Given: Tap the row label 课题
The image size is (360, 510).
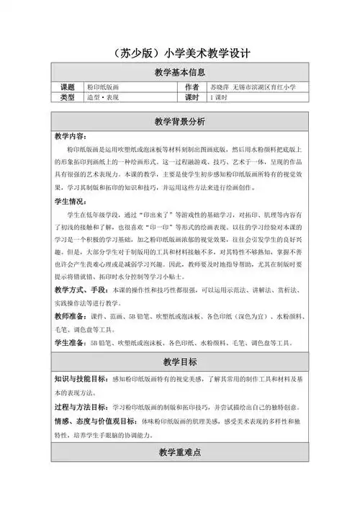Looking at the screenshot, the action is point(67,86).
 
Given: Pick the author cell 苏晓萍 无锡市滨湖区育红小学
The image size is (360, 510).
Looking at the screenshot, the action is point(256,86).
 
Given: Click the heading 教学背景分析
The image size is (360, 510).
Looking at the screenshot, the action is point(180,120).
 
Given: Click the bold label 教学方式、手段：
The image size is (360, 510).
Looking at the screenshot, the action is point(85,290).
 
